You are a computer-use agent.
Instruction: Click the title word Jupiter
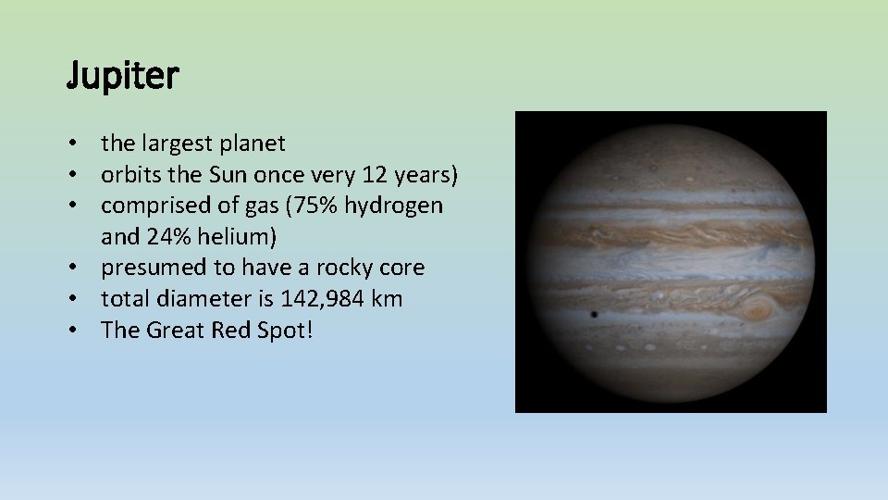click(122, 77)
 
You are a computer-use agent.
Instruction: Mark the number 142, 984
click(313, 299)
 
